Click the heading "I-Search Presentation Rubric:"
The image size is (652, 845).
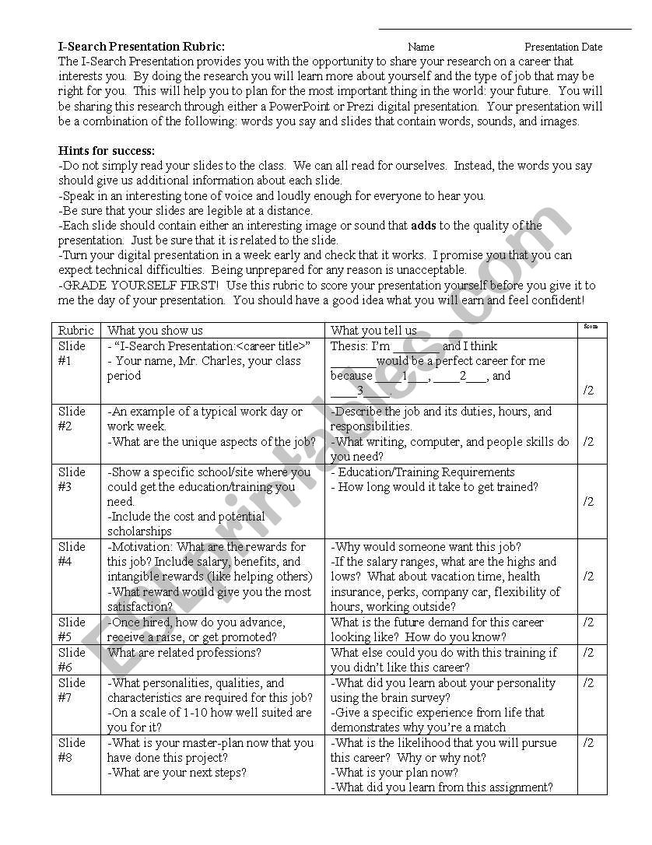142,47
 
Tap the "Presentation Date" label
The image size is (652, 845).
563,47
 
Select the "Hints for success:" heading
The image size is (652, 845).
107,151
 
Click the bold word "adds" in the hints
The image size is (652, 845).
423,226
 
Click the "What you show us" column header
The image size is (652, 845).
155,331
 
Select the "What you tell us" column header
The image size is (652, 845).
373,331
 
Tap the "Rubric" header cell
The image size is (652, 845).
76,331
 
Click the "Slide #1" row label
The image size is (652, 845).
72,353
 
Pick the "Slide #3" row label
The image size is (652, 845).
72,479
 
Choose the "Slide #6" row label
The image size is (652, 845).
72,660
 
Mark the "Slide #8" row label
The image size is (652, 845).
72,750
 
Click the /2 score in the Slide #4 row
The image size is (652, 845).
588,577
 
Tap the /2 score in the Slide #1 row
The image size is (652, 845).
588,391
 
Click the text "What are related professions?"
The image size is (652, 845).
184,653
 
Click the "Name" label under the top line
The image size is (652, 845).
421,47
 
